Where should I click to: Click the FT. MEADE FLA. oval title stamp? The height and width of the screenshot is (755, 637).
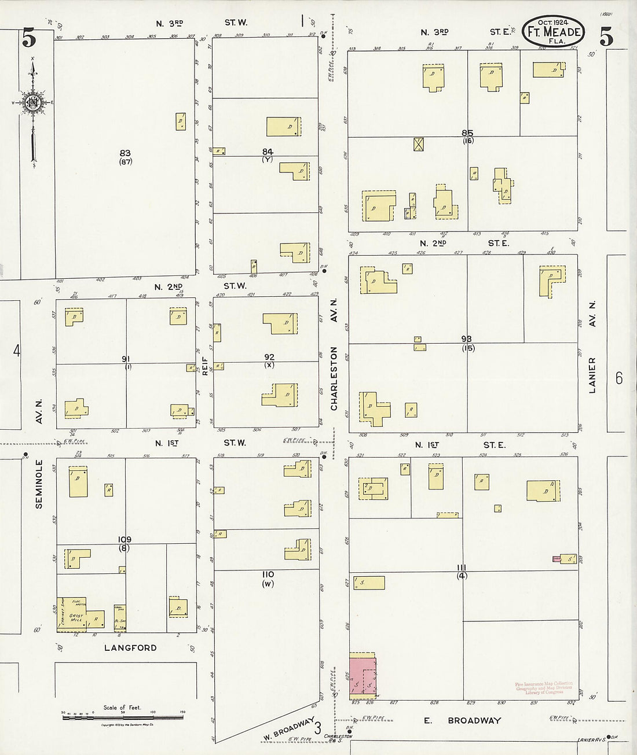553,32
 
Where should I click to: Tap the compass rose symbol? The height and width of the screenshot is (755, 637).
33,103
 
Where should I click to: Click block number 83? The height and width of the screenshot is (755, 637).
125,153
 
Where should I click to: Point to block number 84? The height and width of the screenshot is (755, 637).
267,152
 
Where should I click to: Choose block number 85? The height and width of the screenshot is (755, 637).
467,132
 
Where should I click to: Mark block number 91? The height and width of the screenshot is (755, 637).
126,359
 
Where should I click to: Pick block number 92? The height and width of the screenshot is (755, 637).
269,357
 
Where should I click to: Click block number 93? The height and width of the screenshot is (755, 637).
467,339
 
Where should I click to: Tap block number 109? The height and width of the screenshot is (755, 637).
124,539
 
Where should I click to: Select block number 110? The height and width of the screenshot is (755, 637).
267,574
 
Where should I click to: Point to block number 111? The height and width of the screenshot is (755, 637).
462,567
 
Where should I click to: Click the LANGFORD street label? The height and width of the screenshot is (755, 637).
130,647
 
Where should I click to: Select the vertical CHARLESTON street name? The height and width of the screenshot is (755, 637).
334,378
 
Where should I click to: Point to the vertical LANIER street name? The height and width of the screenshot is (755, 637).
592,375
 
